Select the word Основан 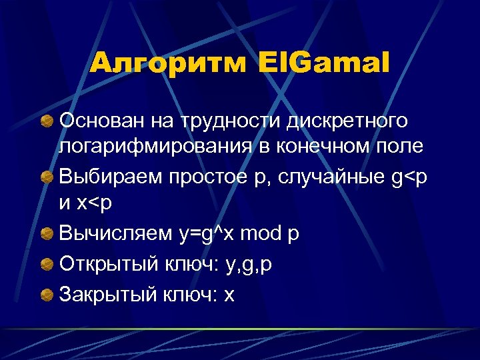pyautogui.click(x=97, y=121)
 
